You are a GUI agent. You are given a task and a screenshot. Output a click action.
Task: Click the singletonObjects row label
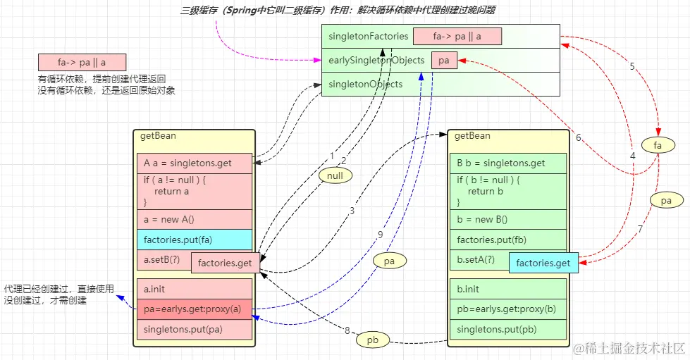[x=365, y=85]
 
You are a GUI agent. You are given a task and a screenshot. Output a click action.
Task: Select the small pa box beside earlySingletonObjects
[x=444, y=61]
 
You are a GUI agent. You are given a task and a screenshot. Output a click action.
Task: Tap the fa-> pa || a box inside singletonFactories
[x=457, y=37]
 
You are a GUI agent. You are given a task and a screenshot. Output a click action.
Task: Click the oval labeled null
[x=335, y=174]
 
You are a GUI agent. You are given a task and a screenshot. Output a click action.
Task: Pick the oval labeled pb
[x=374, y=340]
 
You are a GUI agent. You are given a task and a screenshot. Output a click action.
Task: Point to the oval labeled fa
[x=658, y=146]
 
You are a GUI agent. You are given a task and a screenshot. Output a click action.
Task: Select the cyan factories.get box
[x=543, y=263]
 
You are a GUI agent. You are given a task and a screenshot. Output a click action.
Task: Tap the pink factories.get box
[x=226, y=263]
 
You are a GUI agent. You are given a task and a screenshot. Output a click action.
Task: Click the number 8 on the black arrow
[x=347, y=330]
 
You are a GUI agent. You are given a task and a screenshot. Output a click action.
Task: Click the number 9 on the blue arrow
[x=379, y=235]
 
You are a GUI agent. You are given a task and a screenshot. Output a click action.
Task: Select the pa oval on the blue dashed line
[x=389, y=261]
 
